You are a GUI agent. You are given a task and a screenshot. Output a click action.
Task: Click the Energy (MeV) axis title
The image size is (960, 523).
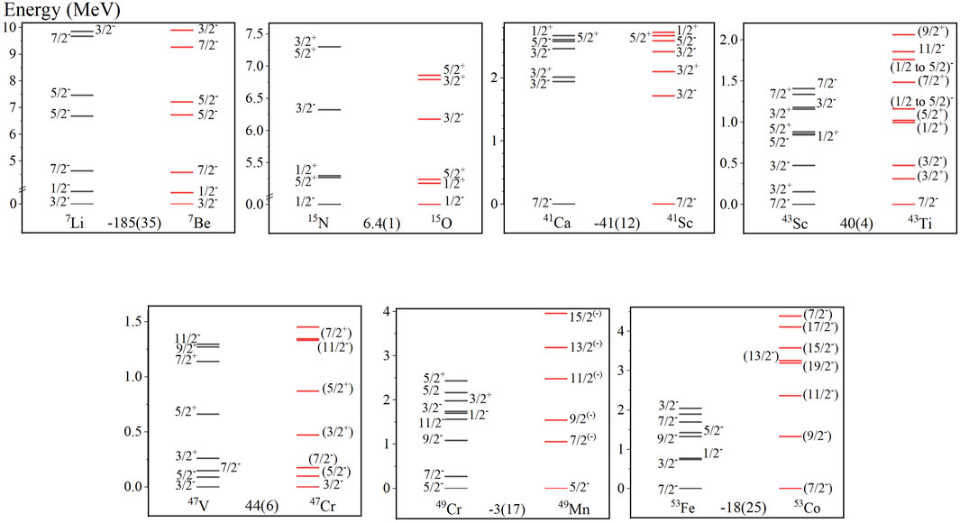coord(62,10)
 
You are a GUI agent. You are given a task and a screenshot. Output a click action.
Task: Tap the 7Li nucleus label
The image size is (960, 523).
coord(75,222)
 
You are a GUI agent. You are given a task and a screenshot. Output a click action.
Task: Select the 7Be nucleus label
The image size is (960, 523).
coord(199,222)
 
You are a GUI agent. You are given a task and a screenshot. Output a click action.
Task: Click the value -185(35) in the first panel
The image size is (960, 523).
coord(134,223)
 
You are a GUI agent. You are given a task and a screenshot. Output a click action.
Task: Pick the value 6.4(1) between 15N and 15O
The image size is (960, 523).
coord(381,224)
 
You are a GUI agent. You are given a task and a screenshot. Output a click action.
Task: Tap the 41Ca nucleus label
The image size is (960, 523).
coord(557,222)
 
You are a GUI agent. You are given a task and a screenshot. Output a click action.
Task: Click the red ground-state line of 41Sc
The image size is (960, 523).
coord(663,203)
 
